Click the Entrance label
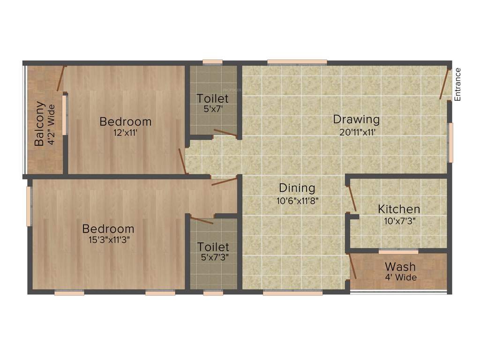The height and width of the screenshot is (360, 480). tap(458, 84)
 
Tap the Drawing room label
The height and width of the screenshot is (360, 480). tap(356, 119)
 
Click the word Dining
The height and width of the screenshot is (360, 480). tap(297, 188)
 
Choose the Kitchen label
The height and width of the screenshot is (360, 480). tap(399, 209)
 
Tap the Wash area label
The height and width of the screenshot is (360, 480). tap(400, 267)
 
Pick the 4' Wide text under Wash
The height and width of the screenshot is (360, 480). tap(400, 277)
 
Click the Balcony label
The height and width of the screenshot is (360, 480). tap(40, 124)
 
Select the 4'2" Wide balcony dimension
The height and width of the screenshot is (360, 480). tap(51, 124)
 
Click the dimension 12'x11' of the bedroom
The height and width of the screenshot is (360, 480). tap(125, 133)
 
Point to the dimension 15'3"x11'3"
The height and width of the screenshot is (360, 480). tap(108, 240)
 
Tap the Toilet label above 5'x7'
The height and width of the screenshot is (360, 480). tap(213, 98)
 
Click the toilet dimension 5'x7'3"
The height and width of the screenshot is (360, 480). tap(213, 257)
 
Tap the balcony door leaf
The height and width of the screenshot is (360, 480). tap(60, 78)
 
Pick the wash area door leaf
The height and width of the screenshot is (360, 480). tap(352, 267)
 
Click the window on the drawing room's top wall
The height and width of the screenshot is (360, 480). tap(297, 62)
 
